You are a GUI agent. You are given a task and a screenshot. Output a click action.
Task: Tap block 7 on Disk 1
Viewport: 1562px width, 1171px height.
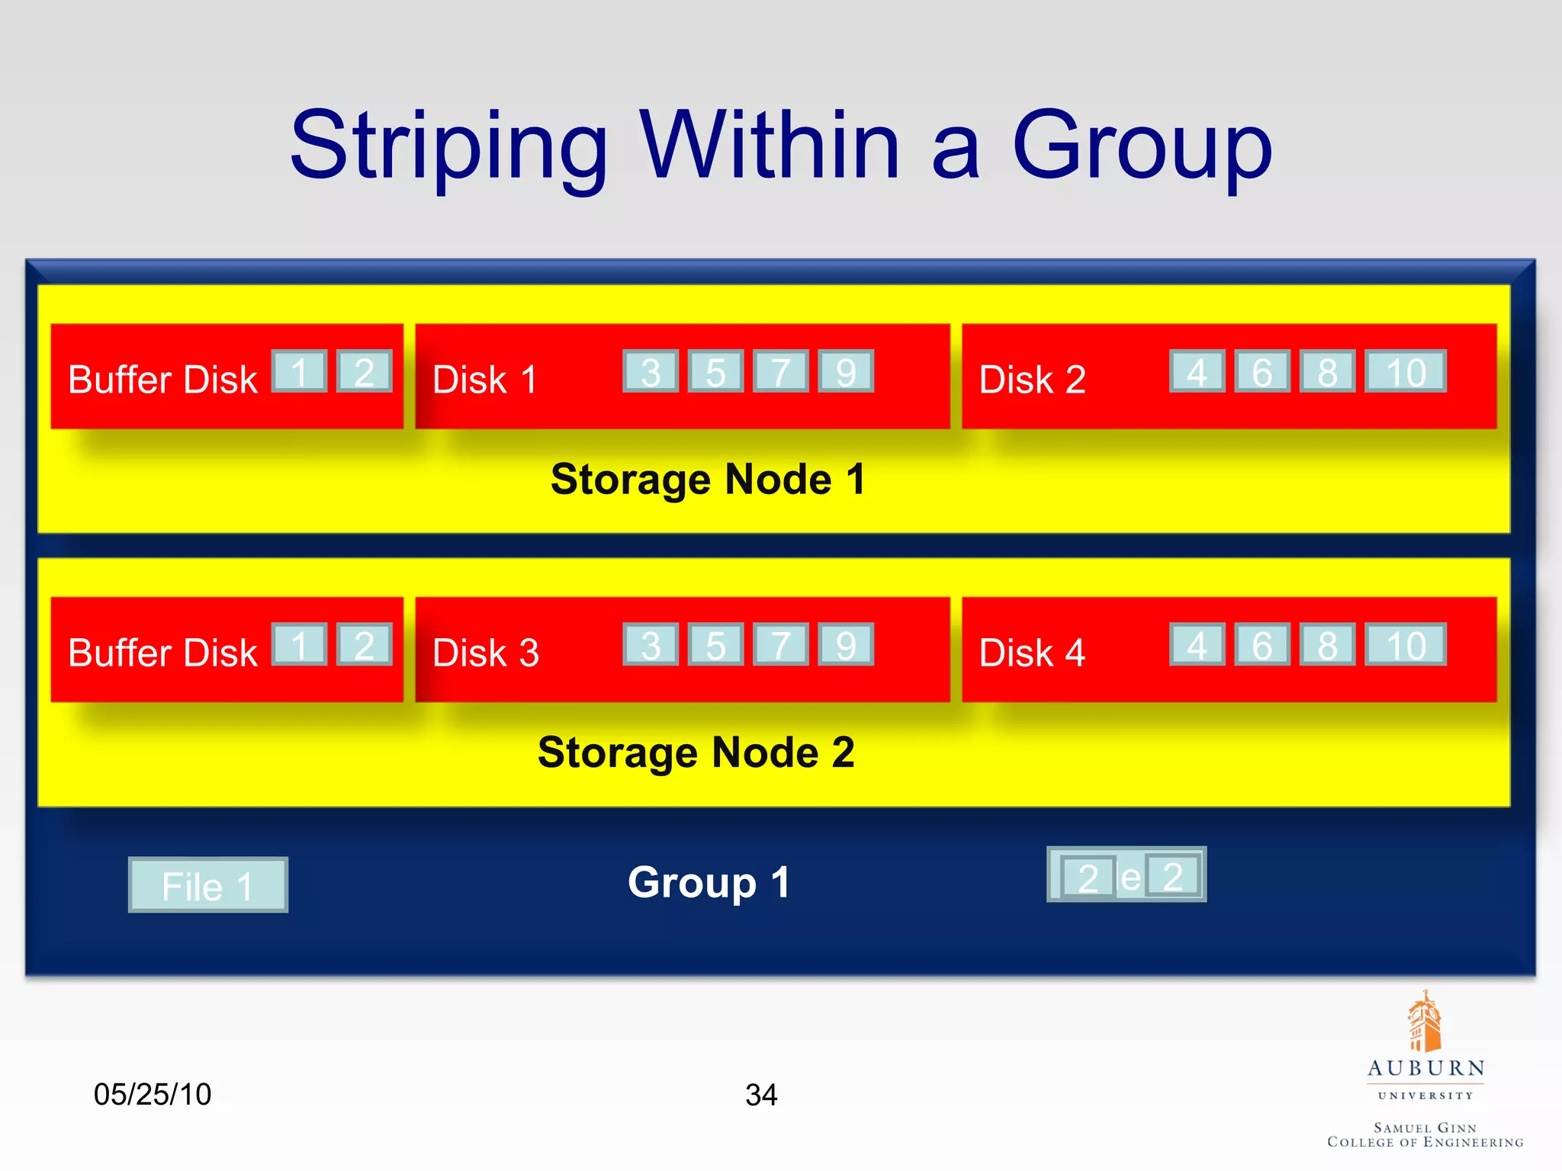(x=780, y=371)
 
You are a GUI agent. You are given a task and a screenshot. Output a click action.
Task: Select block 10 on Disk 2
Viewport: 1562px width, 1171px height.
(x=1405, y=371)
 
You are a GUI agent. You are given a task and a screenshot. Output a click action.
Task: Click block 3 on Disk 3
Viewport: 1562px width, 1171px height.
(x=651, y=645)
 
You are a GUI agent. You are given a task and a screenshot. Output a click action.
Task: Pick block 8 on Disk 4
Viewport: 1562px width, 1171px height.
(x=1327, y=645)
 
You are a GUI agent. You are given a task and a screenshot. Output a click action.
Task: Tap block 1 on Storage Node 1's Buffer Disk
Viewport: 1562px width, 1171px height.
(x=299, y=371)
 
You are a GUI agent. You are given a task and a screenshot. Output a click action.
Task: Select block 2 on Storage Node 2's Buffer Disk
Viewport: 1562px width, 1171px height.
(x=365, y=645)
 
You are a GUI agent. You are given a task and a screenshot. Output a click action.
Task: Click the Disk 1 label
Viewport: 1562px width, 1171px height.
(x=485, y=379)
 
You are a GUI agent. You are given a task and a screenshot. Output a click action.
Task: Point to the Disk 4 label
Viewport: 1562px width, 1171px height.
(x=1032, y=653)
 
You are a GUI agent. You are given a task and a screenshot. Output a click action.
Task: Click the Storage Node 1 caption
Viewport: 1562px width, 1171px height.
(x=708, y=479)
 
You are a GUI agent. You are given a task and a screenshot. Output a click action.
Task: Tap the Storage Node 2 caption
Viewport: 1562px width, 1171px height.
(x=696, y=752)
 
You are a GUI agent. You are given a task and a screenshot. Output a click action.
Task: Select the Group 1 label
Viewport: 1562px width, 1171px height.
(x=709, y=882)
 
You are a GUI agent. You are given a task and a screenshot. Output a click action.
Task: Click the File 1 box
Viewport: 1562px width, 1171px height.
(x=207, y=885)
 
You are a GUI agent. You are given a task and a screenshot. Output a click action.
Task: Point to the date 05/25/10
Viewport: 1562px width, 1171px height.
(x=153, y=1094)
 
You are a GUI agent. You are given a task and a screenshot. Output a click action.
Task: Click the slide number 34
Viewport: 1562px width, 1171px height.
(x=761, y=1095)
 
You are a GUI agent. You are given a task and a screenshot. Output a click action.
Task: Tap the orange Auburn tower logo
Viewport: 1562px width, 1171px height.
(x=1424, y=1022)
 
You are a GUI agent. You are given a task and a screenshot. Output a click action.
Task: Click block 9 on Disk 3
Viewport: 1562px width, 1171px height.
(x=846, y=645)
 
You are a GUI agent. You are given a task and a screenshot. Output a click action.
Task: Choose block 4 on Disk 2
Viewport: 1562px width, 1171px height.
(x=1197, y=371)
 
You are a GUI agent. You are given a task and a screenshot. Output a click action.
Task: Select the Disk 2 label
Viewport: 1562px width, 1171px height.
(x=1032, y=379)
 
